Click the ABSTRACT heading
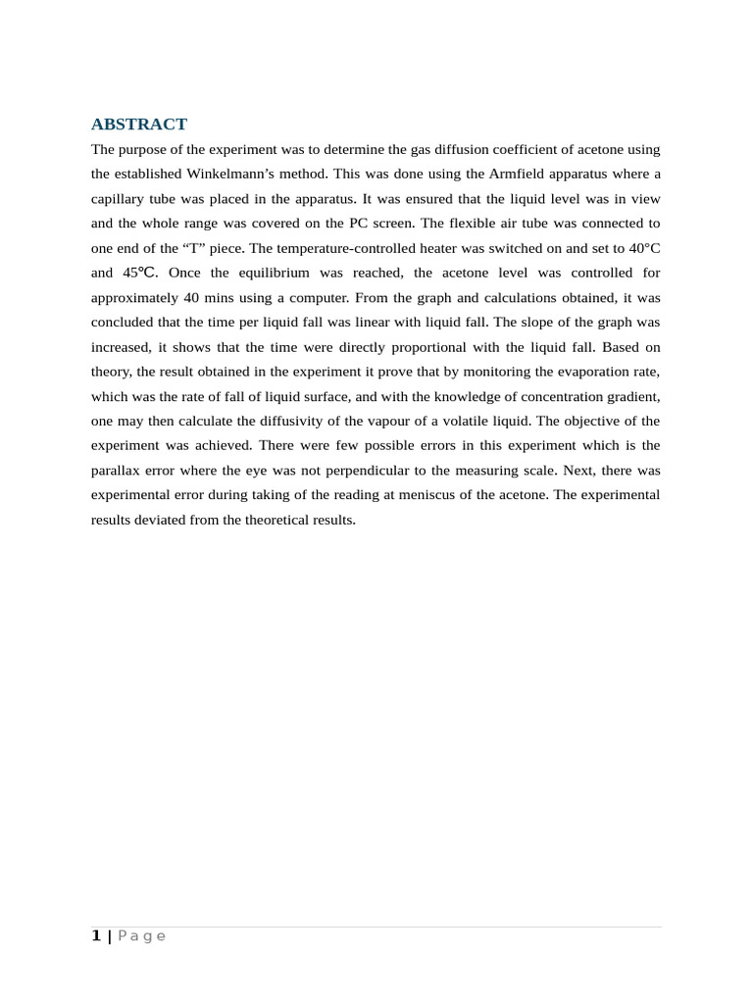[x=138, y=124]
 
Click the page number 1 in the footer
[x=96, y=936]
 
